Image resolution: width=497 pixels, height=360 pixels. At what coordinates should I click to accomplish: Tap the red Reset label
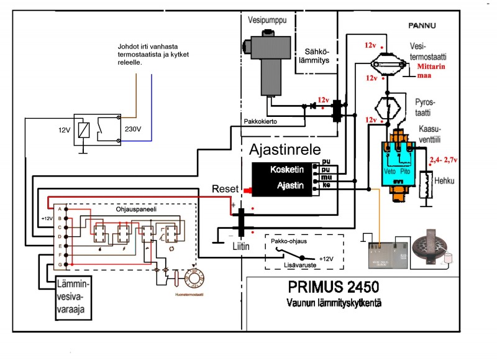(222, 188)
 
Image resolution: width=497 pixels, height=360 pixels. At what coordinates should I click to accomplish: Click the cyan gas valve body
(398, 163)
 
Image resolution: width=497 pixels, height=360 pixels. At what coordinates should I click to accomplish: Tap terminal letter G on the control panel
(60, 265)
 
